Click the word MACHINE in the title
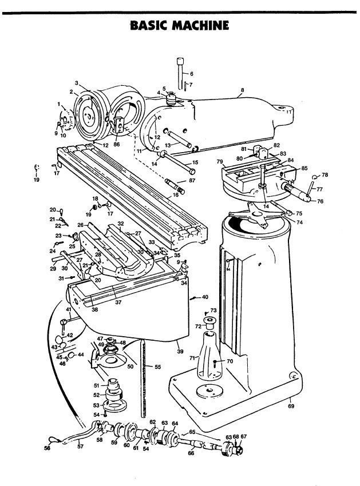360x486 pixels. pos(197,25)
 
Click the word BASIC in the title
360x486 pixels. pos(149,25)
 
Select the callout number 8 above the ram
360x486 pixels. pos(242,90)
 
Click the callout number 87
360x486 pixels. pos(192,181)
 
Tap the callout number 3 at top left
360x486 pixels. pos(76,83)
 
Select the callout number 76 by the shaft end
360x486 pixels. pos(321,201)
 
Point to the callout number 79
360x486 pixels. pos(219,162)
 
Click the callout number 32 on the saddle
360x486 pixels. pos(121,223)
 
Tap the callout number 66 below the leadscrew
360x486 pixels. pos(191,453)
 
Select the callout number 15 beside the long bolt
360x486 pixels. pos(194,162)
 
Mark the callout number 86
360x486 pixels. pos(117,145)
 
